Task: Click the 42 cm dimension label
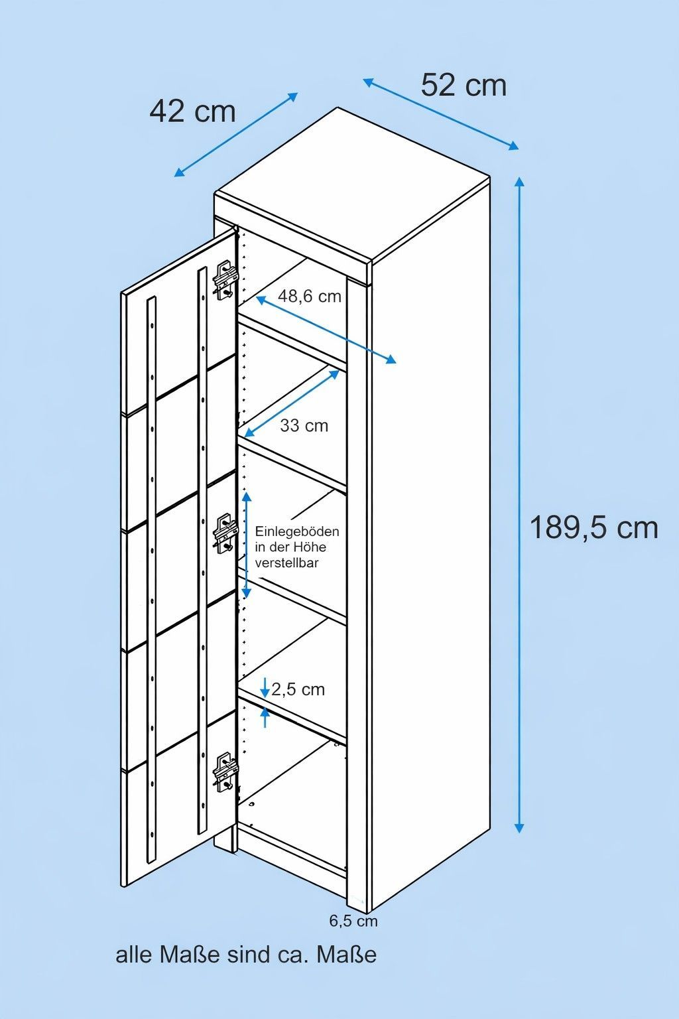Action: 192,111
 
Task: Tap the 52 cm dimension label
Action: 463,85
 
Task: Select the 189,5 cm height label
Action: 593,528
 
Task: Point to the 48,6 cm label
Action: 309,296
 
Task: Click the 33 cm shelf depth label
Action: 304,425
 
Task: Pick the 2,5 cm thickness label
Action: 298,689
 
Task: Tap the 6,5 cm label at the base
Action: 353,921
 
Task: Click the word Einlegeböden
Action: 297,531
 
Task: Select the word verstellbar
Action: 286,563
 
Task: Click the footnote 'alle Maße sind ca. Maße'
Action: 246,955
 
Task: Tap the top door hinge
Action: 225,281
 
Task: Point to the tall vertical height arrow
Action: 519,504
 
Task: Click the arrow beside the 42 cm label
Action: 236,135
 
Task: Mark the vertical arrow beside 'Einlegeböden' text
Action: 247,545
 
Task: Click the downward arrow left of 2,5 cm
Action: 265,687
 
